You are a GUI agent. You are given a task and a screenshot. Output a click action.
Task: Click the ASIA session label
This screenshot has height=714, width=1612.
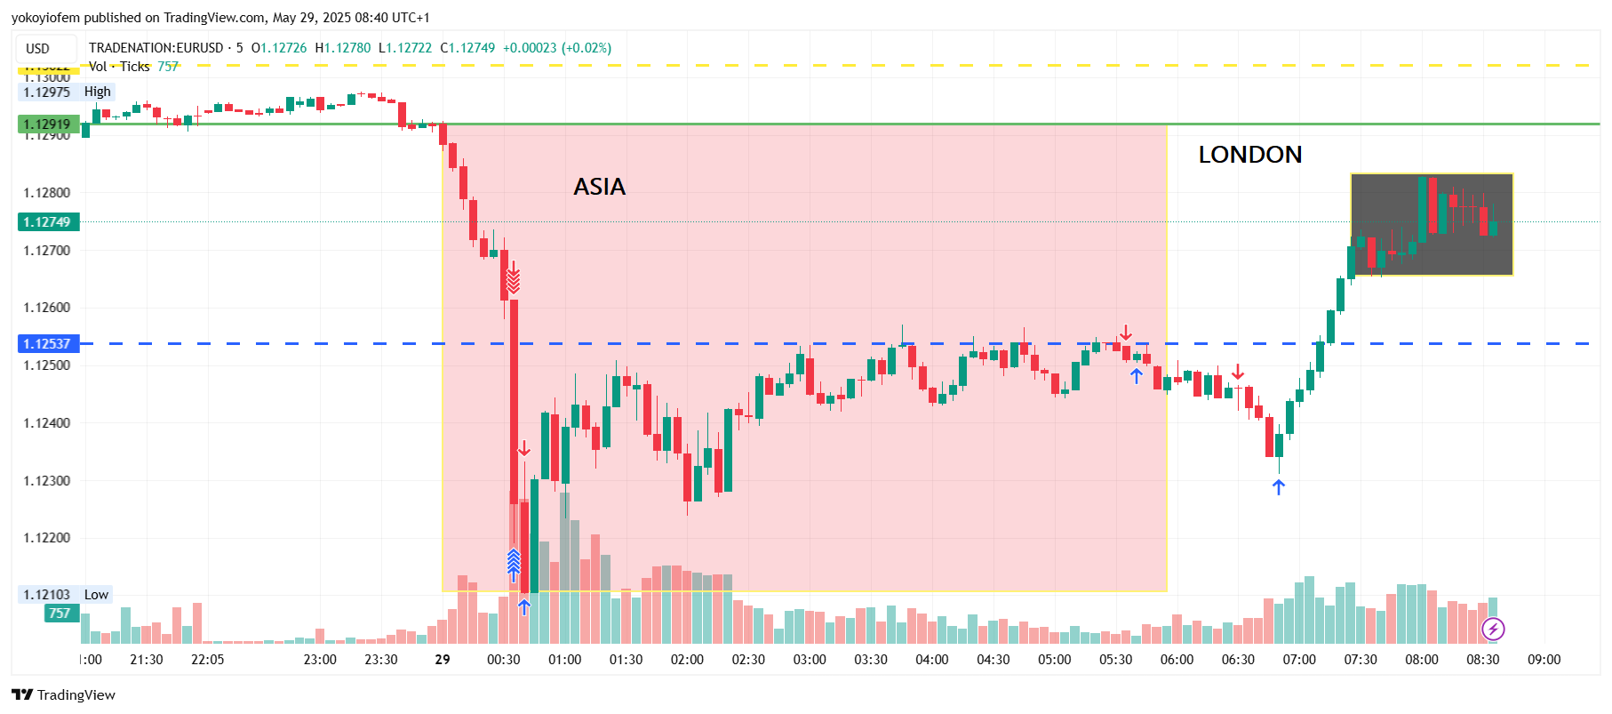point(600,187)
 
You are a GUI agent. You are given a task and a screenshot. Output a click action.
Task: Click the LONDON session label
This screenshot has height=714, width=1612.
point(1249,155)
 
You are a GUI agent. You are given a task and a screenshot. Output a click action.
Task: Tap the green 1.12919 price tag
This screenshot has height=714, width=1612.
point(48,124)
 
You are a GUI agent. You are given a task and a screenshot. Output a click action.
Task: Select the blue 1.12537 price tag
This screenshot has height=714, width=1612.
point(48,343)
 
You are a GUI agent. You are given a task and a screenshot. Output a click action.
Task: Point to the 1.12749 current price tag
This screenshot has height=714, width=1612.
point(48,222)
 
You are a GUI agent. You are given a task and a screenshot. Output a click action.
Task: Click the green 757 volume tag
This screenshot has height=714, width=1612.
point(60,614)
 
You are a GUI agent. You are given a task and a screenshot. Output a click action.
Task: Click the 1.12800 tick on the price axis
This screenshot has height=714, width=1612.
point(47,192)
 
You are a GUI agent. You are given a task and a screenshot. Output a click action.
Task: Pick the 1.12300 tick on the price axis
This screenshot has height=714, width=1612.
point(47,480)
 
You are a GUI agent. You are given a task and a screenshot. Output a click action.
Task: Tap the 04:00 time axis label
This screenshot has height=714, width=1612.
point(931,660)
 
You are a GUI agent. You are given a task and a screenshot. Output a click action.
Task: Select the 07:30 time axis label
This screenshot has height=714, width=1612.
point(1360,660)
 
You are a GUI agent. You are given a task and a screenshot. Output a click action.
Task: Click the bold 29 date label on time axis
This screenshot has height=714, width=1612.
point(443,660)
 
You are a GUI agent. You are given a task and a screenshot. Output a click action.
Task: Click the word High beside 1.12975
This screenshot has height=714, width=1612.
point(98,92)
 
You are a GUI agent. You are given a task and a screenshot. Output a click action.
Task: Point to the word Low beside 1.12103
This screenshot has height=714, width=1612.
point(96,595)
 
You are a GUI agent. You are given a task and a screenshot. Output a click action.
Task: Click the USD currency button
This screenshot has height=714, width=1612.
point(37,49)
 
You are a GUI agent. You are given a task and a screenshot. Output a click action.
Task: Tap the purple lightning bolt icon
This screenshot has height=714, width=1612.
point(1493,630)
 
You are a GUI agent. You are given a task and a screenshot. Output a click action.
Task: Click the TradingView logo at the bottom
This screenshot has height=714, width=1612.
point(64,695)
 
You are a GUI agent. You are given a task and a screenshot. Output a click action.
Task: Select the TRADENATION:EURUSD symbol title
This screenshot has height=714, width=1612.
point(156,48)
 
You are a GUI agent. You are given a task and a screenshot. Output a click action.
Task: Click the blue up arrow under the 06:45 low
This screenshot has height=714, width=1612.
point(1278,487)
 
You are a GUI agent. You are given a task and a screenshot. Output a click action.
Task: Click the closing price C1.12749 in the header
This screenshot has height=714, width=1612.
point(467,48)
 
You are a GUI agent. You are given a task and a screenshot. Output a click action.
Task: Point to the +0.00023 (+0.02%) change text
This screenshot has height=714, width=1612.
point(557,48)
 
